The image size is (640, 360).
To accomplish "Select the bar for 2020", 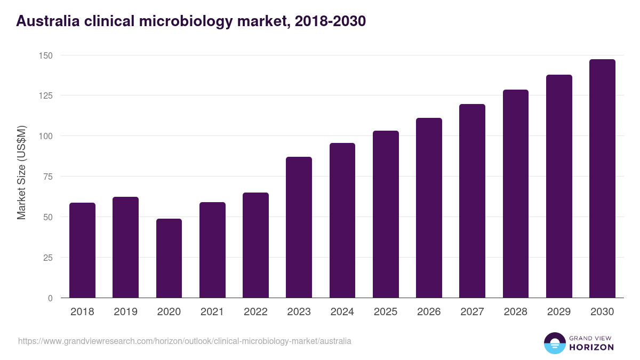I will (169, 258).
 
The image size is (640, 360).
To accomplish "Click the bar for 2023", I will (299, 227).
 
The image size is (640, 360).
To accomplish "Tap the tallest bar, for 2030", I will (602, 179).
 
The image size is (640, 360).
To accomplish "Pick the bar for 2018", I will (82, 250).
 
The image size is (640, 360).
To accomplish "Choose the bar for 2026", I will (429, 208).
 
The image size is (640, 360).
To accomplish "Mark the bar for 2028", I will (515, 194).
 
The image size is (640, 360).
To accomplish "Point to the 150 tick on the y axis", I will (46, 55).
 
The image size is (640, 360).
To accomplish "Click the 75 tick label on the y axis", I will (48, 177).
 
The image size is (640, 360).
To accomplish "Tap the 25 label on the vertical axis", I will (48, 258).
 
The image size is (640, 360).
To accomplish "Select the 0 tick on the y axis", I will (50, 298).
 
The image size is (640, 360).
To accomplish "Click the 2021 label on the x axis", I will (212, 312).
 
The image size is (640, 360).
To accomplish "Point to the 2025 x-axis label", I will (386, 312).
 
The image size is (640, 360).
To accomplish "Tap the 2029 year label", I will (559, 312).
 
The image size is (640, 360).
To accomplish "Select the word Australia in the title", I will (46, 21).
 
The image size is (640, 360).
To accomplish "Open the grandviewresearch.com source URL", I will (185, 341).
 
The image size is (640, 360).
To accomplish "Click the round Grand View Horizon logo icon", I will (554, 343).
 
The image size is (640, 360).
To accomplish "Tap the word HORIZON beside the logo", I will (591, 347).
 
